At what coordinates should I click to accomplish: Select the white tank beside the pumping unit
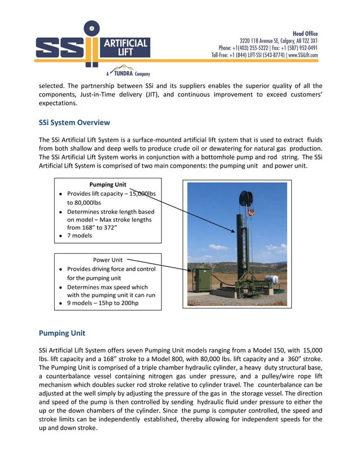coord(273,280)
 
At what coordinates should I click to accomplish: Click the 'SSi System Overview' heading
coord(74,122)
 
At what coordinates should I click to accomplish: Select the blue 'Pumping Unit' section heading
coord(62,333)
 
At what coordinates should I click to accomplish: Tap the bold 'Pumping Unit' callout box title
coord(108,184)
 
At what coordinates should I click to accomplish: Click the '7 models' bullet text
coord(80,236)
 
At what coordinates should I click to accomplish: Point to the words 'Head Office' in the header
coord(305,33)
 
